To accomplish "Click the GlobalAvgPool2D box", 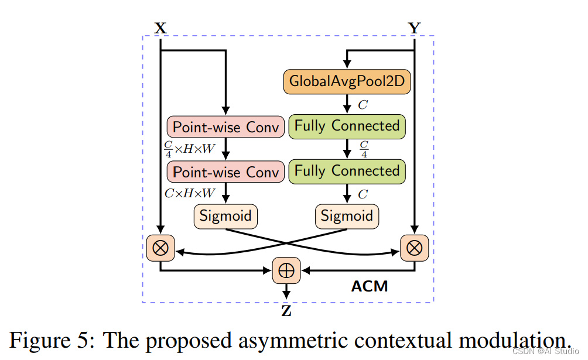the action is click(347, 81).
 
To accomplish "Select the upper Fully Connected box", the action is click(347, 126).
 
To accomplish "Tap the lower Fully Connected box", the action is click(347, 171).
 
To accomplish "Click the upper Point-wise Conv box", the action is click(225, 127).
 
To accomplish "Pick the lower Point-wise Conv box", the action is click(225, 172).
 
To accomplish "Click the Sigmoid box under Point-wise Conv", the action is click(225, 216).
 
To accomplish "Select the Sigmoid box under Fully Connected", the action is click(347, 216).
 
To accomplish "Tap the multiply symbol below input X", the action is click(160, 248).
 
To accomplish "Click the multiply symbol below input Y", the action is click(414, 248).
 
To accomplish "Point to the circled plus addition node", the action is click(287, 270).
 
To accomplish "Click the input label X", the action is click(159, 28).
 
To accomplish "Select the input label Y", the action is click(414, 28).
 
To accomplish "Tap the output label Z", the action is click(286, 311).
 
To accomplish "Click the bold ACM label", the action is click(370, 286).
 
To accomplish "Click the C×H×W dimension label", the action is click(189, 192).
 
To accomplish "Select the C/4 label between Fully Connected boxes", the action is click(364, 149).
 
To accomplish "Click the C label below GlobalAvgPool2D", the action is click(363, 105).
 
